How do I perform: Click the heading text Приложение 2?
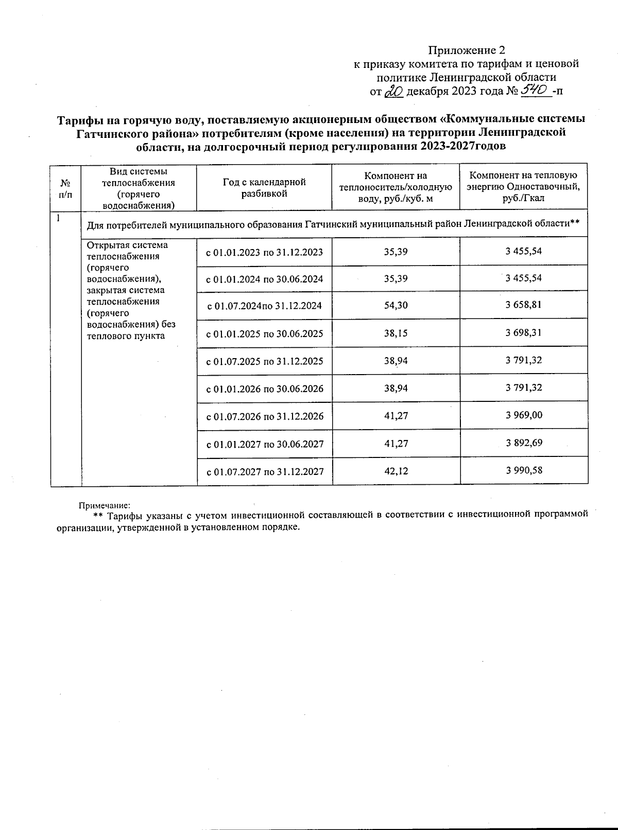click(x=467, y=50)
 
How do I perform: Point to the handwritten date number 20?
click(x=395, y=92)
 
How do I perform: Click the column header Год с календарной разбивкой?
click(x=264, y=188)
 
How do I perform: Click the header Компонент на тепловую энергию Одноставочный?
click(x=523, y=187)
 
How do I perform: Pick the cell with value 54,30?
click(x=396, y=305)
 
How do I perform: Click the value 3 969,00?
click(x=523, y=415)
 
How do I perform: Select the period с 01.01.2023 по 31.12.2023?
click(x=264, y=252)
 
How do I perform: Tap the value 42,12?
click(x=396, y=471)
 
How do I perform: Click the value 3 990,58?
click(x=523, y=470)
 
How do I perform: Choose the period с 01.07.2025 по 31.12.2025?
click(x=264, y=361)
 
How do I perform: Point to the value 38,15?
click(x=396, y=333)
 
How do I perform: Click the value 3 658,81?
click(x=523, y=305)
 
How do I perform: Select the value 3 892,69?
click(x=523, y=443)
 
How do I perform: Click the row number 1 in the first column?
click(x=58, y=218)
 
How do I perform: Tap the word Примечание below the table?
click(x=104, y=506)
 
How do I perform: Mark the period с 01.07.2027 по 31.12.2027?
click(x=264, y=471)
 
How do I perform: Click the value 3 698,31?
click(x=523, y=333)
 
